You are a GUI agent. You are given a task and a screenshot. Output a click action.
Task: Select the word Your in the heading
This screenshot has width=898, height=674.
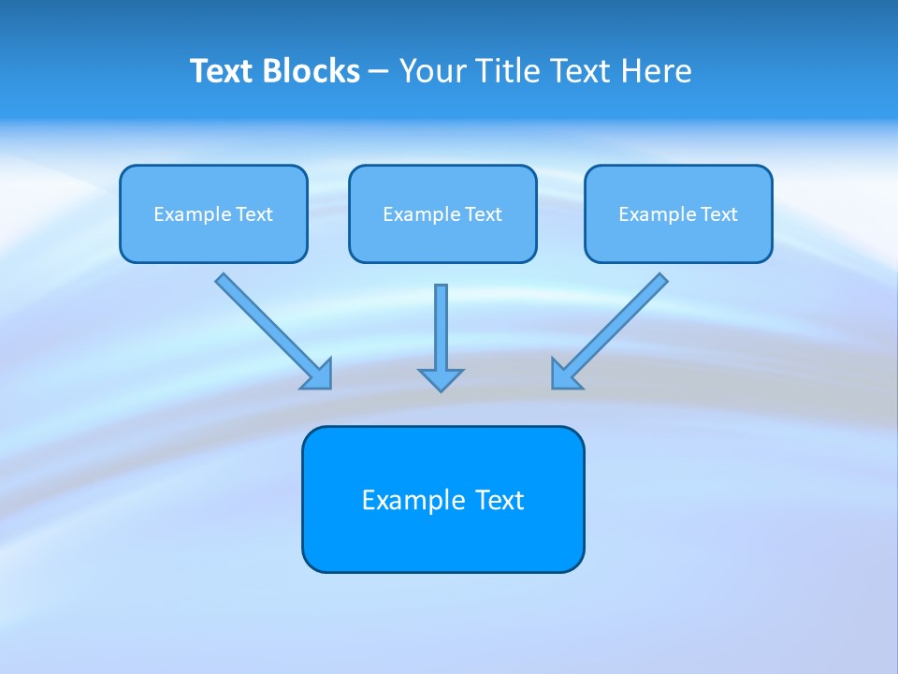click(x=433, y=71)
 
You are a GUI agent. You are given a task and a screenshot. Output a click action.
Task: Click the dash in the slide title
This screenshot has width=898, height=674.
click(x=379, y=72)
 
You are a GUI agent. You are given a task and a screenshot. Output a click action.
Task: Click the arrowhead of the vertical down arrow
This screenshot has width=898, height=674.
click(x=441, y=379)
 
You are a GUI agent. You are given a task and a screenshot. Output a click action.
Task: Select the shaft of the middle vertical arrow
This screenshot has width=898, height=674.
click(x=441, y=323)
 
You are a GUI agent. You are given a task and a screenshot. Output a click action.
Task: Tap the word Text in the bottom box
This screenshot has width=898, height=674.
click(x=500, y=500)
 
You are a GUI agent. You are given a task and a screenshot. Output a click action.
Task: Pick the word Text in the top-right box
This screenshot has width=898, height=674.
click(x=719, y=214)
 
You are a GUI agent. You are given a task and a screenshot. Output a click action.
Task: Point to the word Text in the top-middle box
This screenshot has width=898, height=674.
click(x=484, y=214)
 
